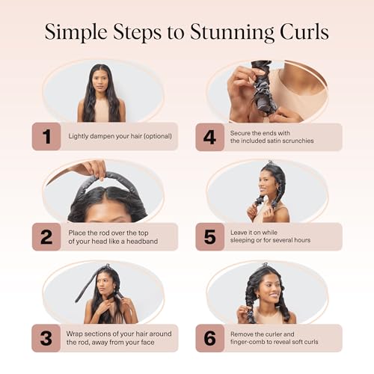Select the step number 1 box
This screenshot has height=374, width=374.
pyautogui.click(x=46, y=137)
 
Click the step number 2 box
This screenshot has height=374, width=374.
pyautogui.click(x=46, y=236)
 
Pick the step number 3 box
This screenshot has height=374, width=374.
pyautogui.click(x=46, y=337)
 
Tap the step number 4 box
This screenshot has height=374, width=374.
pyautogui.click(x=210, y=137)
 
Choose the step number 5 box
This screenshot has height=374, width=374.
pyautogui.click(x=210, y=236)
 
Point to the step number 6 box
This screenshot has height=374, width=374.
pyautogui.click(x=210, y=337)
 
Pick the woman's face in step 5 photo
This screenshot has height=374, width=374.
pyautogui.click(x=270, y=183)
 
